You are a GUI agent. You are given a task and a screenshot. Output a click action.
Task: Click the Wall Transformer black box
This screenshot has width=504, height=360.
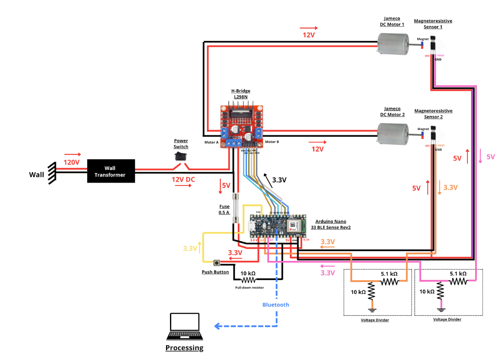click(x=111, y=171)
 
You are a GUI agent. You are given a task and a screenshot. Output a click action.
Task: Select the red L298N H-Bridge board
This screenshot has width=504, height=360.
click(x=242, y=126)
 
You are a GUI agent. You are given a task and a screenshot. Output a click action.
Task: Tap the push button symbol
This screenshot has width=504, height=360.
click(x=217, y=262)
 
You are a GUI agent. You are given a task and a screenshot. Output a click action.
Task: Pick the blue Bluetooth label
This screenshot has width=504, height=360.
click(x=276, y=305)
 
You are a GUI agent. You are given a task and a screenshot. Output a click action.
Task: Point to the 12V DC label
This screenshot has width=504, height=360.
click(x=183, y=179)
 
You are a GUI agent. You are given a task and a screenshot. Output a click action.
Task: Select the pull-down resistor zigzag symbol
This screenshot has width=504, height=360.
click(x=248, y=280)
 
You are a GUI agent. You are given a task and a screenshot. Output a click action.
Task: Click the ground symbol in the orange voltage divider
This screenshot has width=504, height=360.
click(x=371, y=309)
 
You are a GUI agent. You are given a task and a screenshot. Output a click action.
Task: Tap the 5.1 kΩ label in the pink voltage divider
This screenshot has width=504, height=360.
click(x=458, y=273)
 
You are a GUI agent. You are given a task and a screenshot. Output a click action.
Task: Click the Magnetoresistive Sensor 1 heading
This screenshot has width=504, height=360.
click(x=433, y=24)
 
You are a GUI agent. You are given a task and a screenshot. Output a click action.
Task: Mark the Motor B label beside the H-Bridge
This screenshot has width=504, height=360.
click(x=272, y=142)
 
